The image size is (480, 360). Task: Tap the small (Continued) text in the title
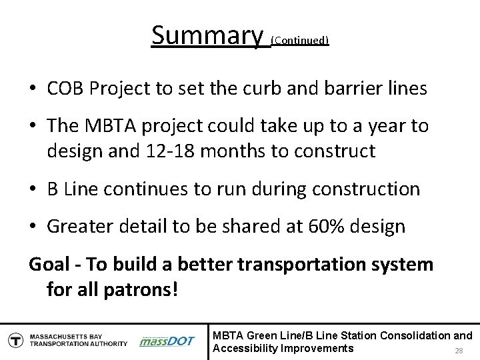pyautogui.click(x=300, y=41)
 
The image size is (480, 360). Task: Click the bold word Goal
pyautogui.click(x=48, y=265)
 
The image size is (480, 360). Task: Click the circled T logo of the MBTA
pyautogui.click(x=13, y=339)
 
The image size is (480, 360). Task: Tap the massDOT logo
pyautogui.click(x=167, y=340)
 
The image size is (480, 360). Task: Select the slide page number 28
pyautogui.click(x=458, y=351)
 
